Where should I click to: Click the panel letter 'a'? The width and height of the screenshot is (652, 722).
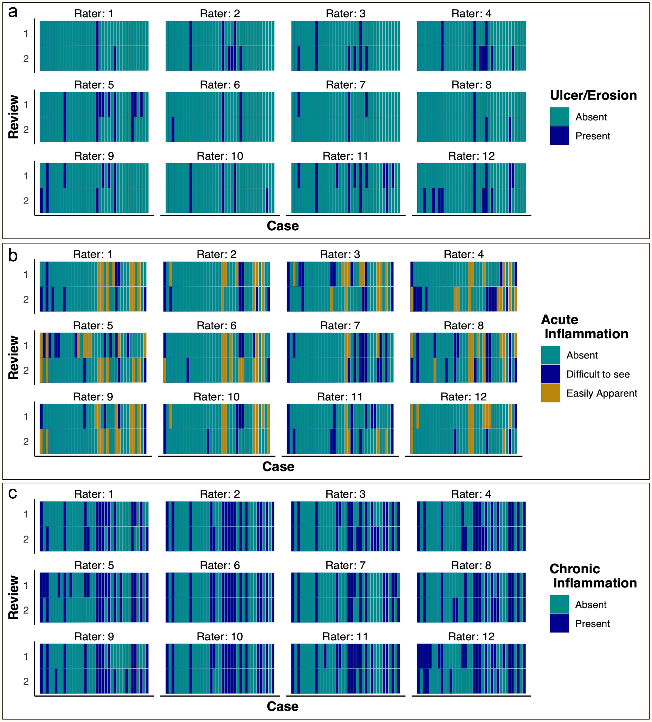tap(13, 12)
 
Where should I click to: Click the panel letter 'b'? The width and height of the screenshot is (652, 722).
tap(13, 256)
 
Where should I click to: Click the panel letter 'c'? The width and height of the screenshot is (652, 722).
tap(13, 494)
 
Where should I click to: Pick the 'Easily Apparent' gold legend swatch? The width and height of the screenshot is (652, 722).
tap(550, 393)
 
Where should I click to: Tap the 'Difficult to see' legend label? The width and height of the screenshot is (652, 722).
tap(598, 374)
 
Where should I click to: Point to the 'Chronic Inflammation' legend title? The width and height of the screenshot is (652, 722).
tap(593, 576)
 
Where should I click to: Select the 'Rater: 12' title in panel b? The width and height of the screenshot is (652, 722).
tap(463, 397)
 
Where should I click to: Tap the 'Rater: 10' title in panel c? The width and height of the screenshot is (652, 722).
tap(220, 636)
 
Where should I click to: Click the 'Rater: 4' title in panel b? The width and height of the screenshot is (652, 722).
tap(463, 254)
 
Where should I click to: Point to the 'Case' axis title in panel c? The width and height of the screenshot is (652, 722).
tap(283, 706)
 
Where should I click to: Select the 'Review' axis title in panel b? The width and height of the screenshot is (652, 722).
tap(14, 357)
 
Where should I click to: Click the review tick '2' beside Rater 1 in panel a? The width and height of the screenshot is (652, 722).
tap(26, 59)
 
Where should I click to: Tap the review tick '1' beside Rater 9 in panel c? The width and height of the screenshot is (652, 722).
tap(26, 656)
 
